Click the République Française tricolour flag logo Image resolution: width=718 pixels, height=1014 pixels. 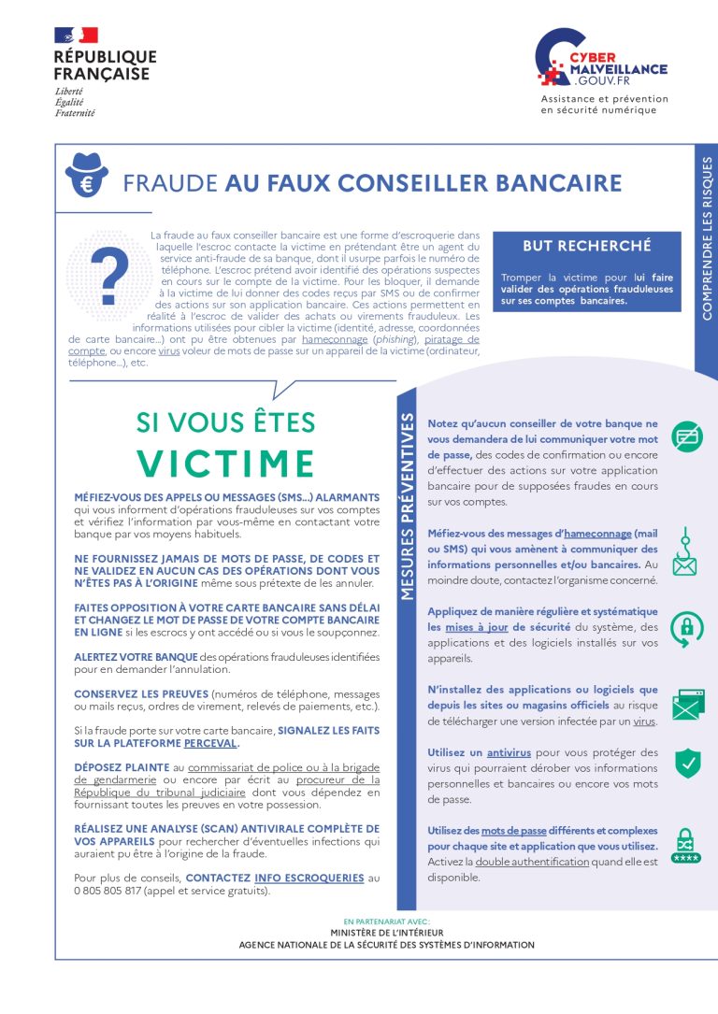(76, 36)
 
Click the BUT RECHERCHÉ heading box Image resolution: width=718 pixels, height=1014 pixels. (586, 246)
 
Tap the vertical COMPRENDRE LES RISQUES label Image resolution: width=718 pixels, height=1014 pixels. (706, 238)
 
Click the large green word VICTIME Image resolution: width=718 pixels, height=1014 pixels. (226, 464)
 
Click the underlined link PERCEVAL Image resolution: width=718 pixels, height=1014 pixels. (210, 744)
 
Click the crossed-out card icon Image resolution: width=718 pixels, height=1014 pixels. (688, 436)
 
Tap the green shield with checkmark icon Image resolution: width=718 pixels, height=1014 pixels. (688, 763)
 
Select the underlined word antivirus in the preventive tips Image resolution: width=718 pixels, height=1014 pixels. (509, 752)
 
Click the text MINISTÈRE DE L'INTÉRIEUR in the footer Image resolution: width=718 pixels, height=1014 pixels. (387, 933)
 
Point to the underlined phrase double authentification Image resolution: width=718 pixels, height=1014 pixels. (532, 862)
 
